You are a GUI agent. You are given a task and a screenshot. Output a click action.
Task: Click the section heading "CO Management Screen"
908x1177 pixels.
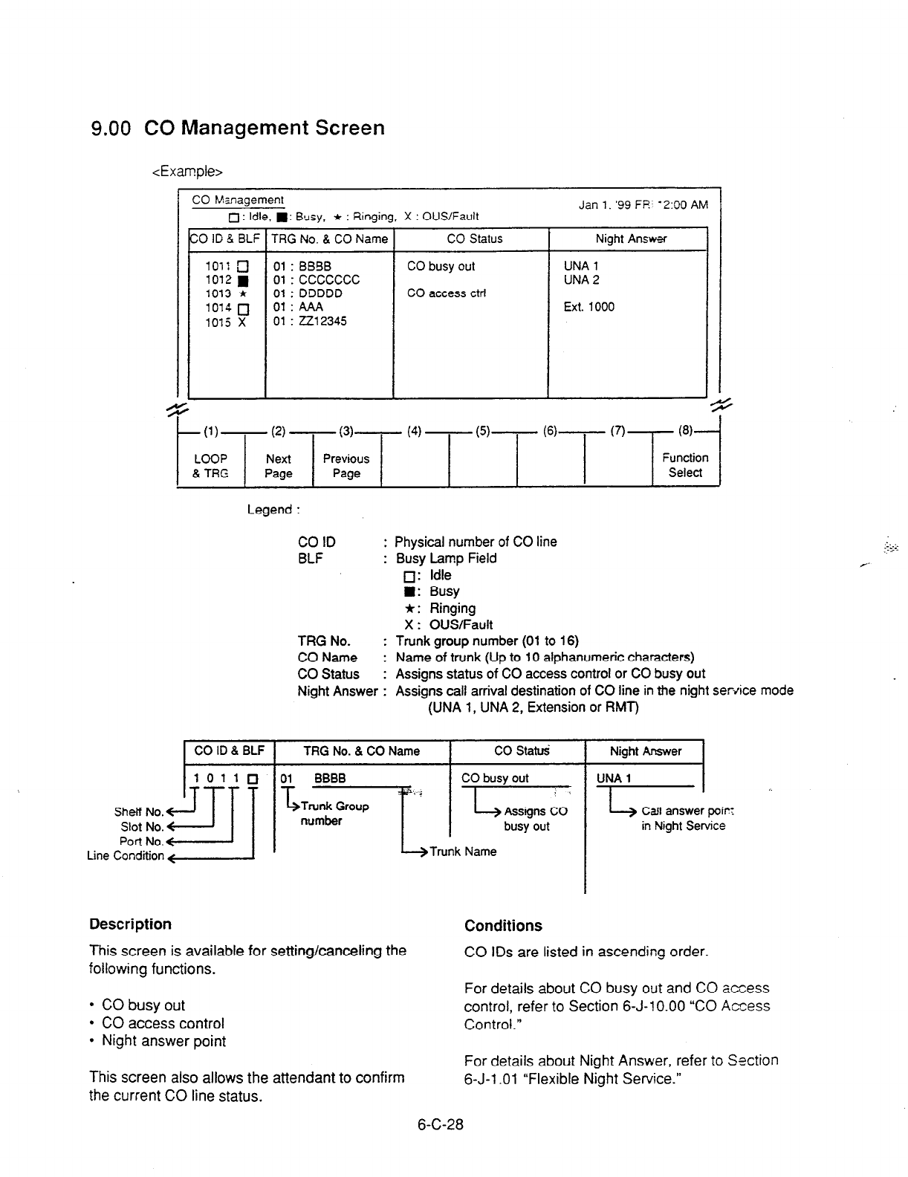[x=264, y=128]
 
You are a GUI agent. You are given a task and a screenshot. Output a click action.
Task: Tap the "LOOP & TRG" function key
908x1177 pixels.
[x=210, y=466]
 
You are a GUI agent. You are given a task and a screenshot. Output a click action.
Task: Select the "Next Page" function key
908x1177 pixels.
[x=279, y=466]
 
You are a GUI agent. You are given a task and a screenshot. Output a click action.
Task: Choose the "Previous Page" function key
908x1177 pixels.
[x=346, y=466]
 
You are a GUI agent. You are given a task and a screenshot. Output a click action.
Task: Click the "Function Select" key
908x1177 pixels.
[x=685, y=465]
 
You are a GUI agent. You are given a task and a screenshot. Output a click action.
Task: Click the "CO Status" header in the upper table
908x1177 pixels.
[x=474, y=239]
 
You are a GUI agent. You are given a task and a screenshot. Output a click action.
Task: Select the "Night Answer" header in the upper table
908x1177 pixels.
[x=631, y=239]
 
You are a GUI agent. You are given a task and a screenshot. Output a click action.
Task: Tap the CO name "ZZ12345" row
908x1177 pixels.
[x=310, y=321]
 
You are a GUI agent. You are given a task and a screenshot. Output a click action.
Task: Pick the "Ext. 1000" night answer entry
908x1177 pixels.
[x=589, y=307]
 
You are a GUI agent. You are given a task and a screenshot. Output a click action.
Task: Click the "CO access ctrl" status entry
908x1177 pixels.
[x=447, y=294]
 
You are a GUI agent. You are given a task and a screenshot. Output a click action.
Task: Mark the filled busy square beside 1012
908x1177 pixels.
[x=242, y=280]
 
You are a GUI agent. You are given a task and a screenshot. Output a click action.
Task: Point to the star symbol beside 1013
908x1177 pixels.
[x=242, y=294]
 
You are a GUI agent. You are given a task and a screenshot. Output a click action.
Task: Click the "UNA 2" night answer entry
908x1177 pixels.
[x=582, y=280]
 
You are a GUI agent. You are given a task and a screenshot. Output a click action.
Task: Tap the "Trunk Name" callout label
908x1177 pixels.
[x=463, y=852]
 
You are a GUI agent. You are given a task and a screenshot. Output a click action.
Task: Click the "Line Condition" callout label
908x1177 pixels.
[x=125, y=856]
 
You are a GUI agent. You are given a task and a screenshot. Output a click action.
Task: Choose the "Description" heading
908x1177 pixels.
[x=130, y=924]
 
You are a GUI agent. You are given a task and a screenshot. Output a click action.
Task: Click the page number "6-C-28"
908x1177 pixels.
[x=440, y=1125]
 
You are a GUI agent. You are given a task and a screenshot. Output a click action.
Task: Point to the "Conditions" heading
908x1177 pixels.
[x=503, y=926]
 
